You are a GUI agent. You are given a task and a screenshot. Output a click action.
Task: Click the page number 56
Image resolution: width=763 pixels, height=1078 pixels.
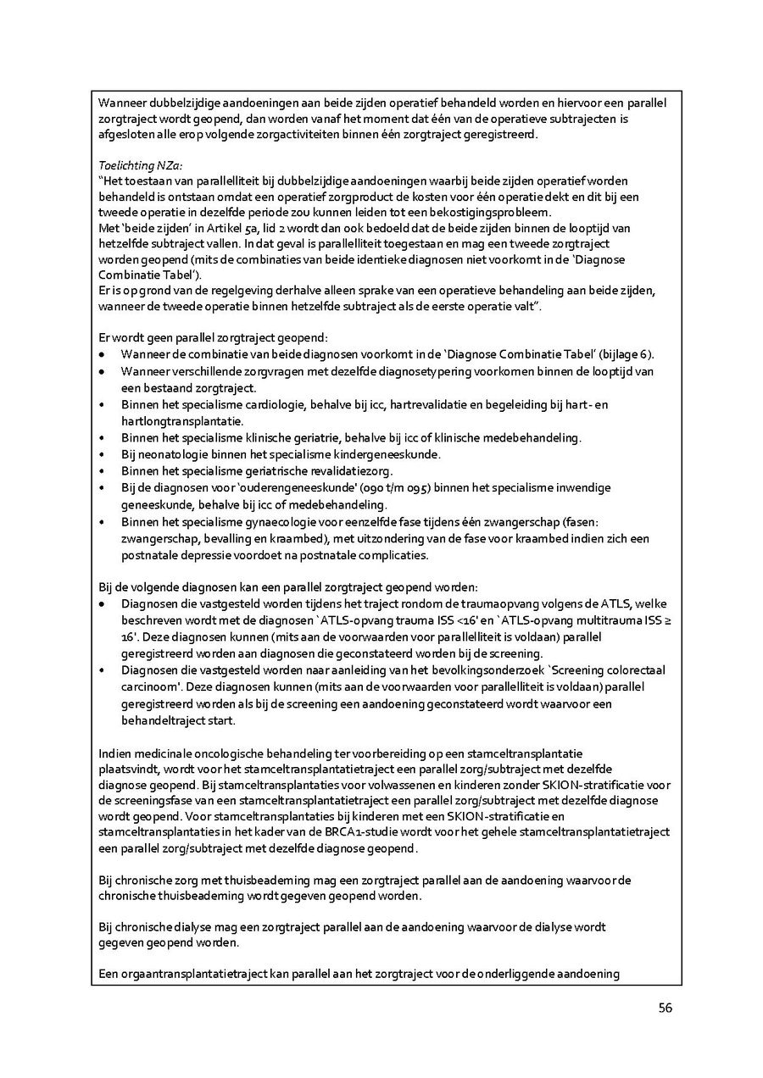click(664, 1008)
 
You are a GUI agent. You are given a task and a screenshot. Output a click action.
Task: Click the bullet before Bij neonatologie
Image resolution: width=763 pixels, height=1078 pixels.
click(103, 454)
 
